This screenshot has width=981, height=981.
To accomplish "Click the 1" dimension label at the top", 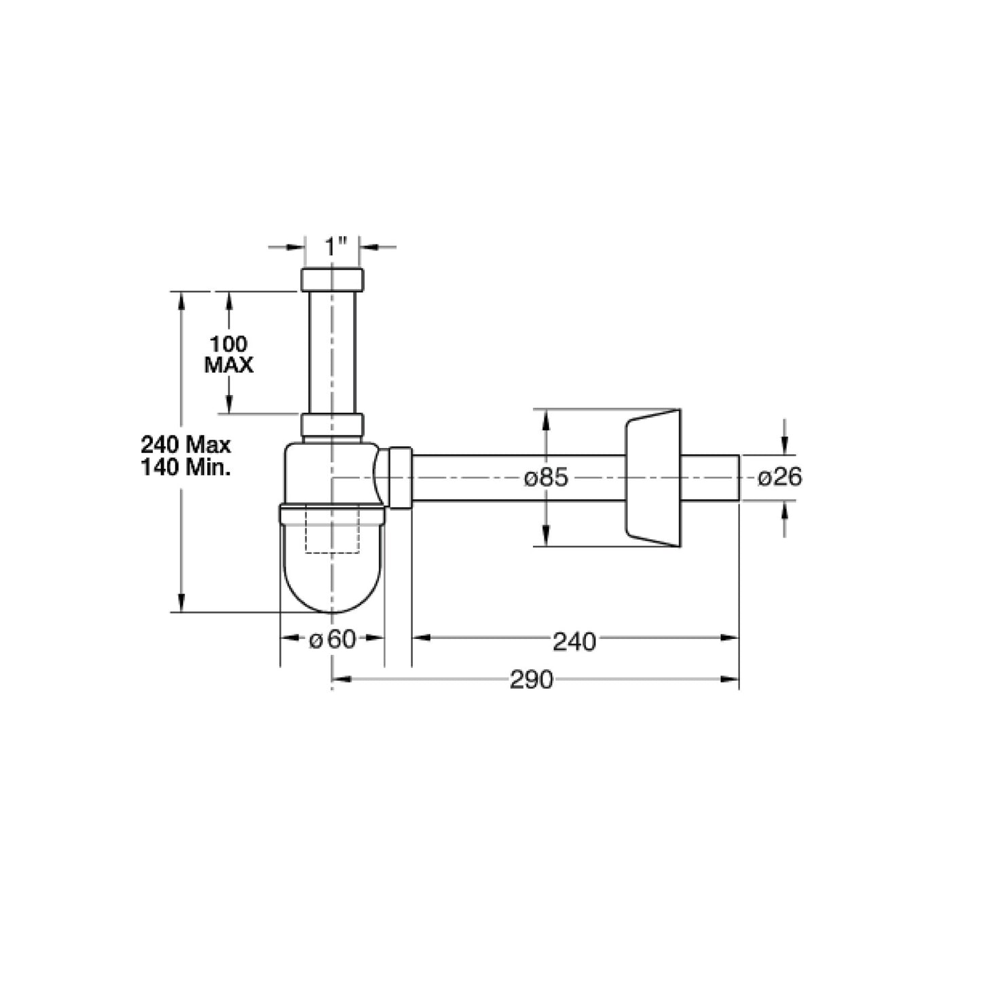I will pos(335,246).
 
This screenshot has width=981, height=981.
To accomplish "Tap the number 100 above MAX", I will pos(228,344).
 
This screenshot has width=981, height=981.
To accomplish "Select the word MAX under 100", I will pos(229,365).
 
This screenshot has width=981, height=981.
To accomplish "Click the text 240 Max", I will pos(185,445).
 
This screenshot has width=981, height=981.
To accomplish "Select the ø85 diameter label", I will pos(545,478).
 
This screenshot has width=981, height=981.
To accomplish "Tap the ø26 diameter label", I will pos(779,478).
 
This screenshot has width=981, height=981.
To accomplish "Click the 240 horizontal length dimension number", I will pos(574,641).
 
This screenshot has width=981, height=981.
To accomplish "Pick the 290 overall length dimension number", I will pos(532,680).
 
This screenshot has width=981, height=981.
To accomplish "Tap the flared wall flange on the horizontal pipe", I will pos(652,478).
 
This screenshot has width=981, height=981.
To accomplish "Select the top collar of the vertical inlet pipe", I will pos(332,280).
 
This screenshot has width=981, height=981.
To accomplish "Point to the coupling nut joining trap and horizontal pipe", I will pos(399,478).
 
